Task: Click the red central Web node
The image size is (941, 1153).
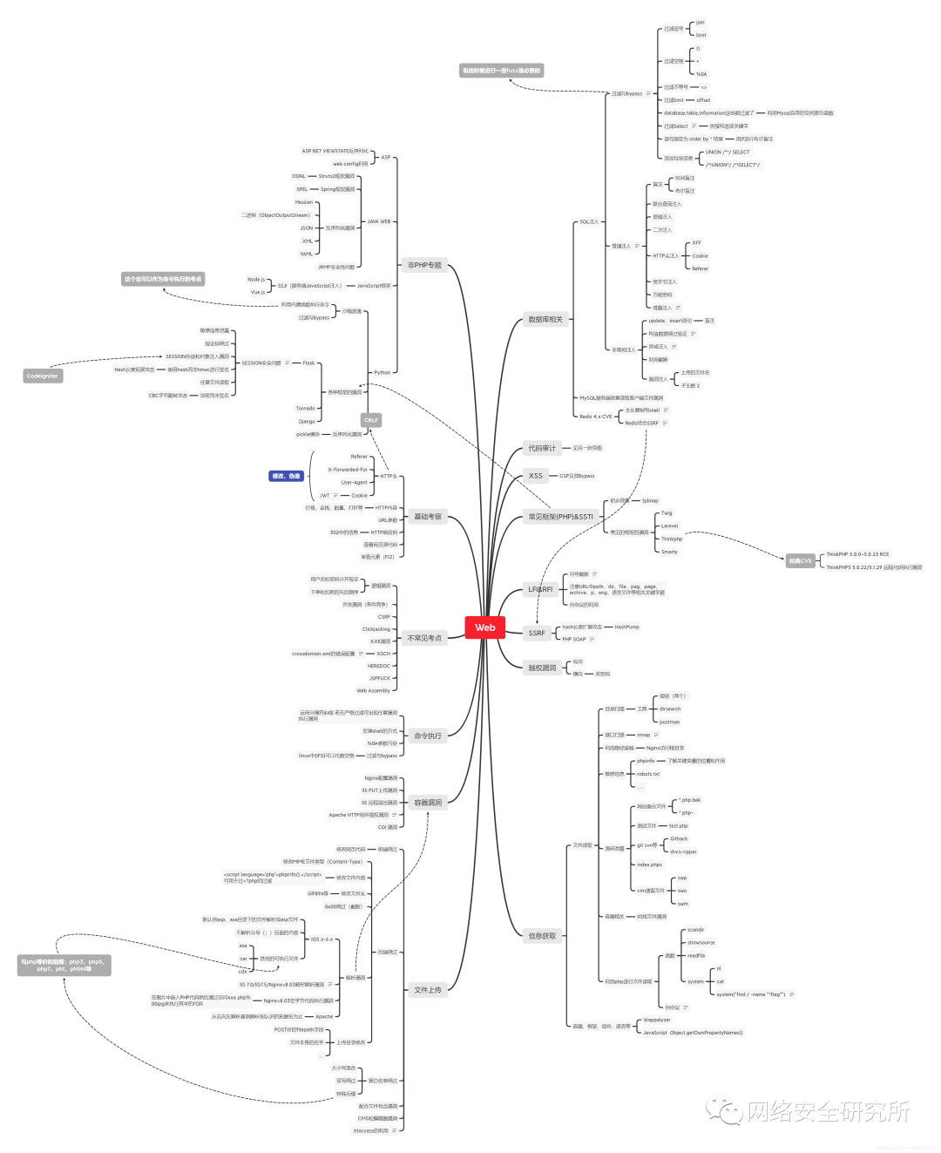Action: click(484, 627)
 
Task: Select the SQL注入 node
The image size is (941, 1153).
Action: click(589, 222)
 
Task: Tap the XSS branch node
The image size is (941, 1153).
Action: click(535, 476)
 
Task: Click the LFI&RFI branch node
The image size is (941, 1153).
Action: click(540, 589)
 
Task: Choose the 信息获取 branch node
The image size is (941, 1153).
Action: click(542, 936)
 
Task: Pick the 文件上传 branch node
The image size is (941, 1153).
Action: click(427, 990)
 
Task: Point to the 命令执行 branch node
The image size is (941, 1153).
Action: click(427, 736)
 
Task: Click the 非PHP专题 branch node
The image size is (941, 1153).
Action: click(424, 265)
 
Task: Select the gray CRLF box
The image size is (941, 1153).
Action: click(371, 420)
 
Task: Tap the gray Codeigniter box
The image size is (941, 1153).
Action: click(42, 376)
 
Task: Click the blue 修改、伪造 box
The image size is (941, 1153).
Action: click(286, 476)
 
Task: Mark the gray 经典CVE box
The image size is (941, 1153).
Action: click(800, 560)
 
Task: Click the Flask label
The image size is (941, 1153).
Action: click(308, 363)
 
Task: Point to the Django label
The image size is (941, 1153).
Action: click(307, 421)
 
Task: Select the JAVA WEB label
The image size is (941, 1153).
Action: click(379, 221)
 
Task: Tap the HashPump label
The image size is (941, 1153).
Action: click(626, 627)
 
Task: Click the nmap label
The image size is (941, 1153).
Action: click(643, 735)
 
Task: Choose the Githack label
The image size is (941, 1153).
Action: click(679, 838)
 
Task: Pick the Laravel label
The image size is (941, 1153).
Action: click(669, 526)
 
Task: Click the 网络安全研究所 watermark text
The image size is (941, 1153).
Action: click(828, 1111)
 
